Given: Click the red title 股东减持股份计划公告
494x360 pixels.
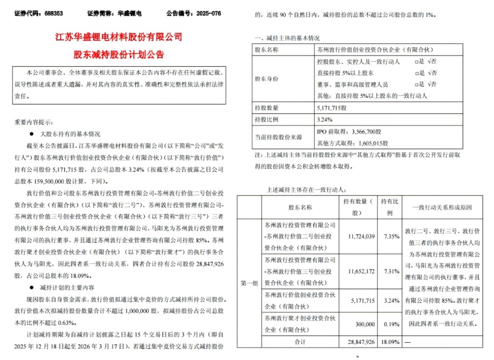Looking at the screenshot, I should [x=119, y=56].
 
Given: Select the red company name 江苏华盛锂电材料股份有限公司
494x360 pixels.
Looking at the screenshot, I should [x=119, y=38].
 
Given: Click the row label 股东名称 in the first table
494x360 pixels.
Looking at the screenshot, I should [x=267, y=51].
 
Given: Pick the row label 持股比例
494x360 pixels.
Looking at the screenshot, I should [x=267, y=119].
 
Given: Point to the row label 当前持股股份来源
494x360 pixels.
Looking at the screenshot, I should [x=277, y=137].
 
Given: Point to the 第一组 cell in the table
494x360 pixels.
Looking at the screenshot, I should [x=248, y=282].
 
